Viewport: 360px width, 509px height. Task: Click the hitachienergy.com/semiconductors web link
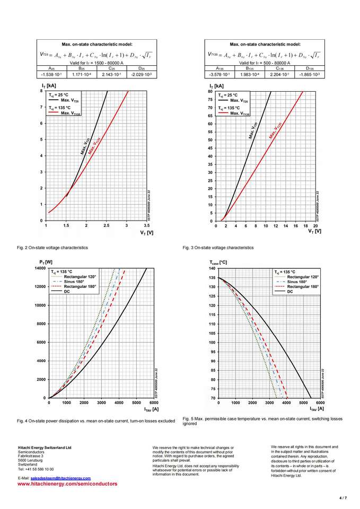click(x=67, y=484)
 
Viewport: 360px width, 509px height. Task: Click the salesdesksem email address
click(x=60, y=478)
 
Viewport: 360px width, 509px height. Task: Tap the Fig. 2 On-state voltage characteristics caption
click(x=52, y=248)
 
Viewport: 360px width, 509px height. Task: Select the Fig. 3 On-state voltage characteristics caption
click(x=218, y=248)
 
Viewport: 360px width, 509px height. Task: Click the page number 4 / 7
click(x=343, y=498)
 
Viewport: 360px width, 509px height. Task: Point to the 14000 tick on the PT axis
click(x=39, y=268)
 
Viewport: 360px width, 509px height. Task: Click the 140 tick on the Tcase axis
click(x=212, y=268)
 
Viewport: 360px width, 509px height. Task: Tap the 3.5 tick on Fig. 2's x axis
click(x=146, y=225)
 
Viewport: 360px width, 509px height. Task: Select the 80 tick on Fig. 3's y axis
click(x=210, y=91)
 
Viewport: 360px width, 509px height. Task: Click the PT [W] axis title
click(x=46, y=262)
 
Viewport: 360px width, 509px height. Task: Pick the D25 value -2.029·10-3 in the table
click(x=141, y=74)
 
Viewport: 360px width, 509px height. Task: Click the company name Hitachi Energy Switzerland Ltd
click(x=45, y=447)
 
